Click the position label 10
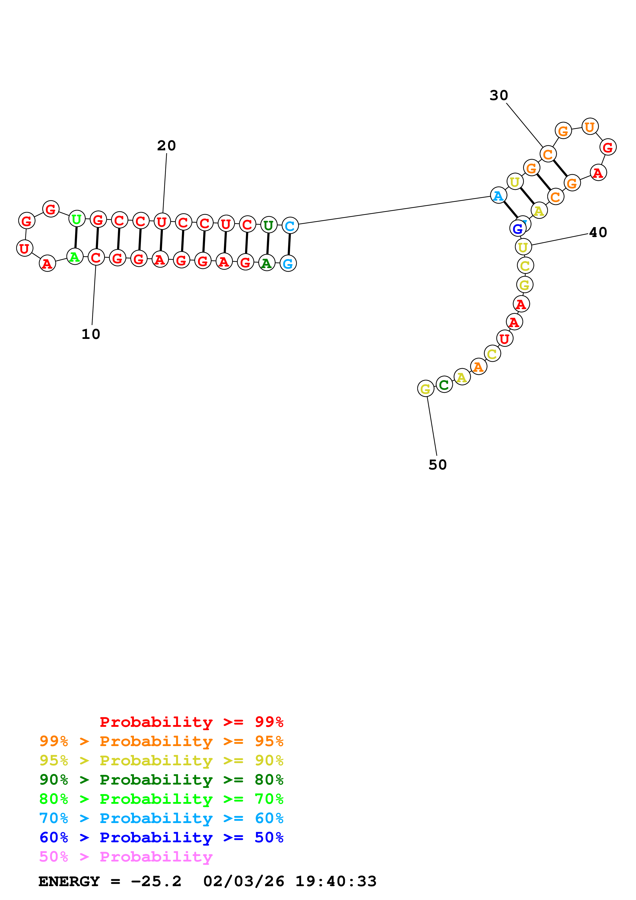(x=91, y=334)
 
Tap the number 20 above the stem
(x=167, y=146)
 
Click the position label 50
(x=438, y=465)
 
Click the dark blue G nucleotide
(x=518, y=229)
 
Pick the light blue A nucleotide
(x=498, y=195)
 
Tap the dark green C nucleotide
(x=444, y=385)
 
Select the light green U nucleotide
(x=77, y=219)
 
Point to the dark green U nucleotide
(x=268, y=226)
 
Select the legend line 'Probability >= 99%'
(x=191, y=722)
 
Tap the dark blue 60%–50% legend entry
(x=161, y=838)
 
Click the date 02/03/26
(x=244, y=882)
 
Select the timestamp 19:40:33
(x=336, y=882)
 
